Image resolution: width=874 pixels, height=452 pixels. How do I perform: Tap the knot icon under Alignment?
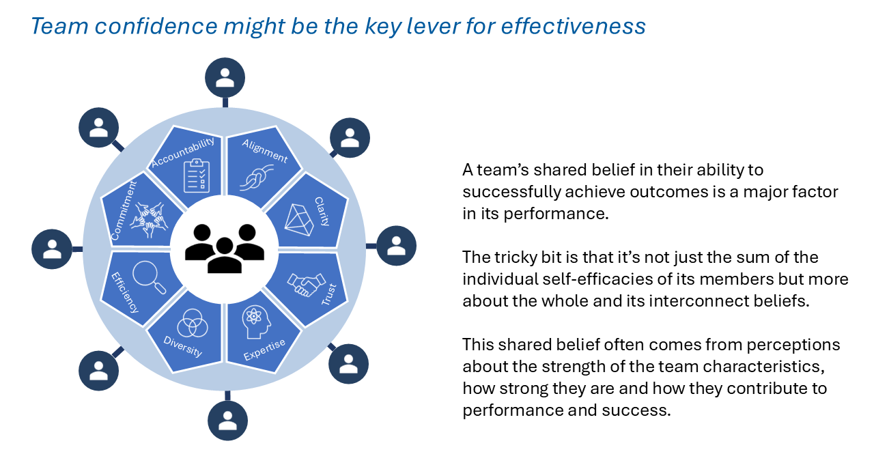[256, 178]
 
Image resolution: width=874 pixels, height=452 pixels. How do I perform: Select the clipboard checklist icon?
[197, 175]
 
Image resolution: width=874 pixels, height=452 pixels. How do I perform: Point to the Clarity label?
[322, 211]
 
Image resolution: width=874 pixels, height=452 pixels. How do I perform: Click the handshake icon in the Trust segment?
[307, 285]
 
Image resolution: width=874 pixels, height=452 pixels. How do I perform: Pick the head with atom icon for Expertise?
[256, 322]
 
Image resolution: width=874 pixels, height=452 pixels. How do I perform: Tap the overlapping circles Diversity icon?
[193, 323]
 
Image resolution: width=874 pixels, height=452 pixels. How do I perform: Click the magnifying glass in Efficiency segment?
[149, 277]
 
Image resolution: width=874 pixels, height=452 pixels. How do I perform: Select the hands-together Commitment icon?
[150, 220]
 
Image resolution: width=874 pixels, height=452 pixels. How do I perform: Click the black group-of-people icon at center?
[225, 249]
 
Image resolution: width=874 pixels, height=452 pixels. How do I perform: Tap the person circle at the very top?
[225, 78]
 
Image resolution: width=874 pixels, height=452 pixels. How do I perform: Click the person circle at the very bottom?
[227, 421]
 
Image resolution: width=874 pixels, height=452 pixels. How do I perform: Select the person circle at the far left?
[52, 249]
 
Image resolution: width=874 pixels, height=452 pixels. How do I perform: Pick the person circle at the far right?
[397, 246]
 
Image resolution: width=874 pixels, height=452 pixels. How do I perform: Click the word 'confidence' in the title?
[156, 26]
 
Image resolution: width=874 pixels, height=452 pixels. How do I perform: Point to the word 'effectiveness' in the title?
[573, 26]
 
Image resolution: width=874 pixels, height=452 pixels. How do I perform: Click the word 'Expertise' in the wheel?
[264, 350]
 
